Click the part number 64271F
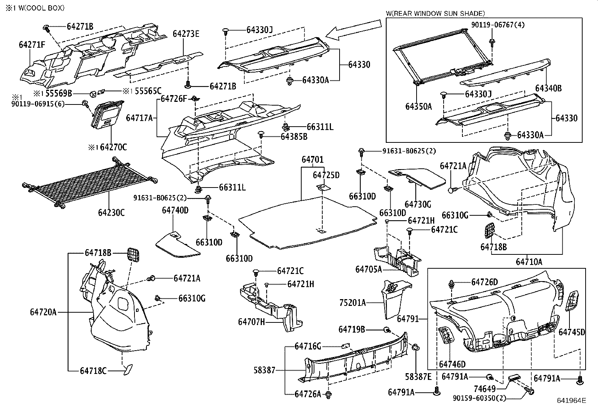[32, 45]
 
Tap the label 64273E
[186, 34]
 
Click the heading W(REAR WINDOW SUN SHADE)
[435, 14]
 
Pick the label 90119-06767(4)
[498, 25]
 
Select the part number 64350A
[418, 106]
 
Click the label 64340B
[548, 88]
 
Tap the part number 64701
[312, 160]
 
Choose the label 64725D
[326, 175]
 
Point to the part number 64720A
[43, 312]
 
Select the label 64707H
[251, 322]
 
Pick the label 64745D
[572, 332]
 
